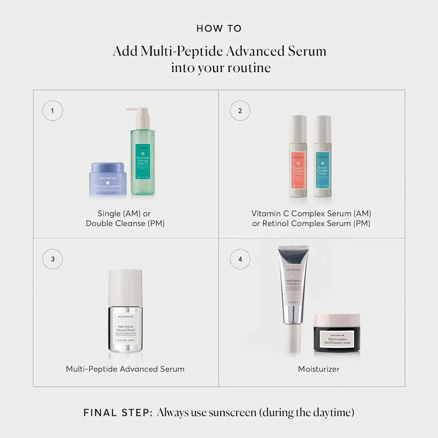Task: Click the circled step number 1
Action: pos(53,111)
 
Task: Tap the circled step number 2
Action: pos(240,111)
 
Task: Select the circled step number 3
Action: pos(53,259)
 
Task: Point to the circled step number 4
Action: pos(240,259)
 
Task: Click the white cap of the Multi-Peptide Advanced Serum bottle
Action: pos(125,285)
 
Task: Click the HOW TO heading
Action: pos(219,29)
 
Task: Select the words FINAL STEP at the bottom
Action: pos(117,413)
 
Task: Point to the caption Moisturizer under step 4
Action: pos(319,369)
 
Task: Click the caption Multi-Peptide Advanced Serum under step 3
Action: pos(125,369)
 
